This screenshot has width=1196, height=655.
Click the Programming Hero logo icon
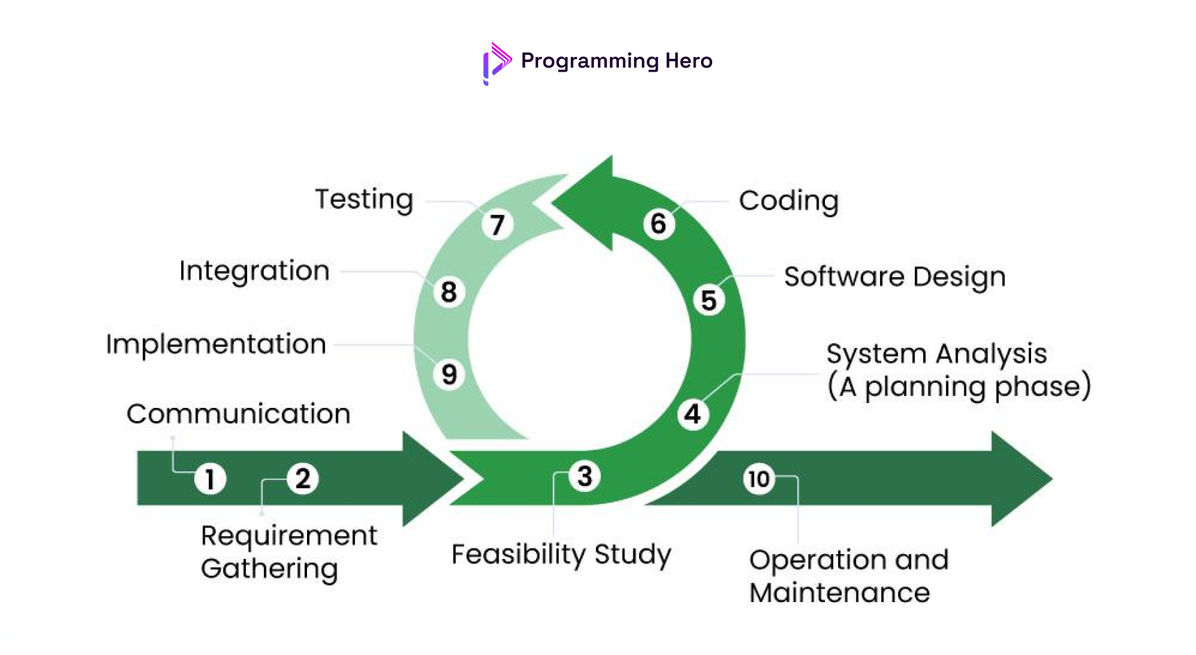point(496,63)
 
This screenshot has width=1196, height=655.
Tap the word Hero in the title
point(688,61)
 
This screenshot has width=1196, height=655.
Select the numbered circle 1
point(210,479)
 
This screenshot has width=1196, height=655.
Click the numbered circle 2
point(302,479)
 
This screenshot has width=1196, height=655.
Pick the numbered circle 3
point(585,477)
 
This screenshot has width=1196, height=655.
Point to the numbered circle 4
point(693,414)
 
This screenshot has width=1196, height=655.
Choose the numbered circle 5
point(709,301)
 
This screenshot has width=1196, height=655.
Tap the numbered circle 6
point(659,224)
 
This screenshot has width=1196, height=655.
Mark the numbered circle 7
point(497,225)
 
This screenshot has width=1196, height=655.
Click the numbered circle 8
point(449,292)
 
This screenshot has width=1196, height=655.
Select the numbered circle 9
point(449,374)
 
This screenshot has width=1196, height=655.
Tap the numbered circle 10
point(758,479)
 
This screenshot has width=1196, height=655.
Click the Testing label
point(364,200)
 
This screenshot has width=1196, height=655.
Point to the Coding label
point(788,201)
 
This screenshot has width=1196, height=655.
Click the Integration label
point(254,271)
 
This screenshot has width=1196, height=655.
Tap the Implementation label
point(216,345)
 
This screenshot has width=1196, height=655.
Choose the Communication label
point(238,414)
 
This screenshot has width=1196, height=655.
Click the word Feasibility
point(519,555)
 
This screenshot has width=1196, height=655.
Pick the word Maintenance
point(840,593)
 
